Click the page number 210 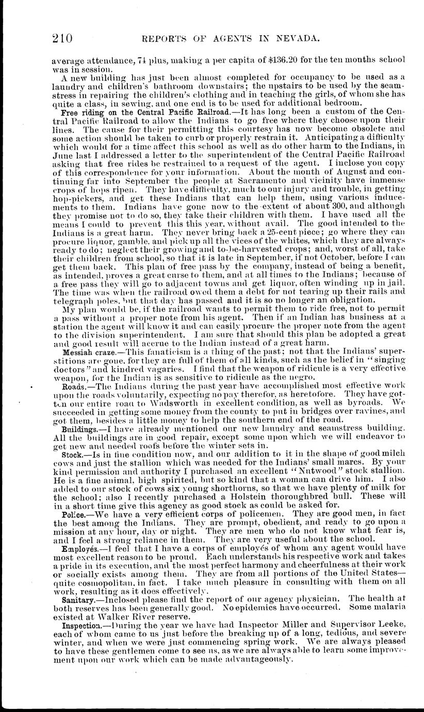[x=62, y=38]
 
